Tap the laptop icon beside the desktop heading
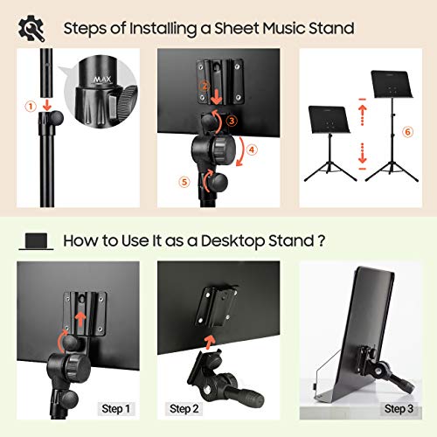coord(38,239)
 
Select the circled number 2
coord(203,87)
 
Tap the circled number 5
coord(184,182)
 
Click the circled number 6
coord(406,132)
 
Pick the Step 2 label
coord(183,407)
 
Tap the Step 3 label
coord(399,407)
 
